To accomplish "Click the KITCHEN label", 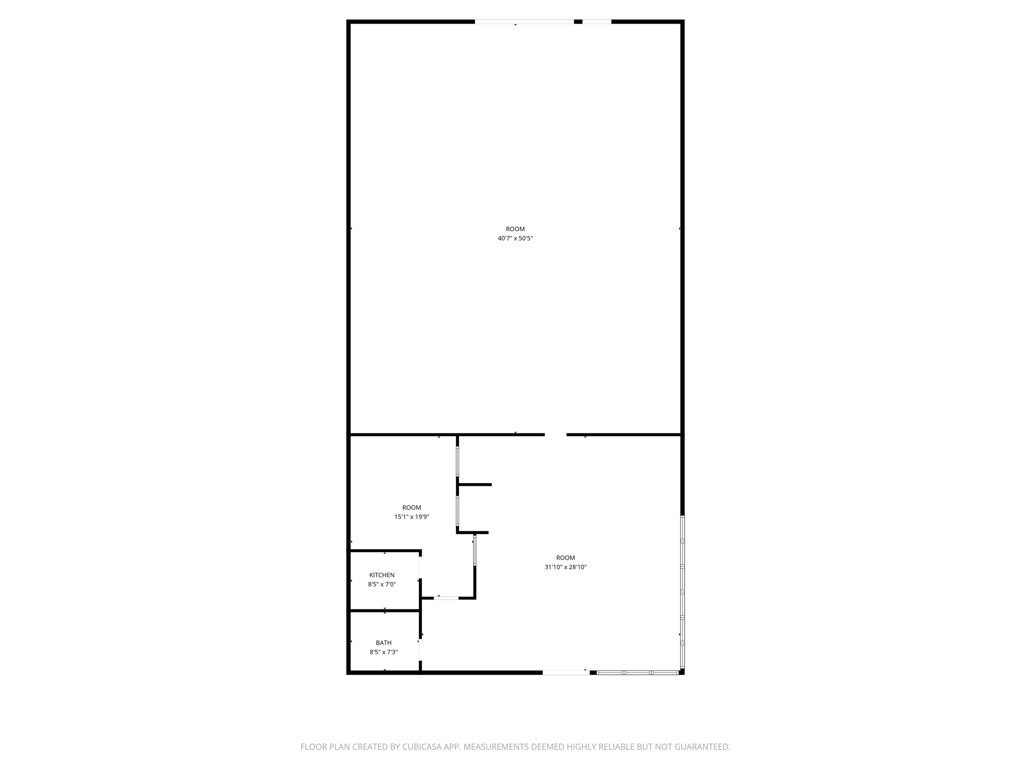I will coord(382,575).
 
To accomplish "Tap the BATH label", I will coord(384,643).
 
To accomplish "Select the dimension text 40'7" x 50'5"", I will coord(515,239).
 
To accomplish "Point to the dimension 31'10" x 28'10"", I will coord(565,567).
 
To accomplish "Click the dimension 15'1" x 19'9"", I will coord(411,517).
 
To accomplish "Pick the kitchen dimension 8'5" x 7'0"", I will coord(382,584).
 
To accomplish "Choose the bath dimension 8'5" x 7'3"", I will coord(384,652).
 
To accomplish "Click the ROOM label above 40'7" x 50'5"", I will coord(515,229).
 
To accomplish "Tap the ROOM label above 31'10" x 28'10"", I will coord(565,558).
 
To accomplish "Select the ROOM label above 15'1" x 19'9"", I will coord(411,507).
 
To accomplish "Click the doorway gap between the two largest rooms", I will coord(555,434).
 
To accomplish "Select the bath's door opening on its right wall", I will coord(420,650).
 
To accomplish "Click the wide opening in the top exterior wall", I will coord(524,22).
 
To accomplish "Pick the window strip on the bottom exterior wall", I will coord(637,672).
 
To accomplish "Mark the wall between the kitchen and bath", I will coord(385,611).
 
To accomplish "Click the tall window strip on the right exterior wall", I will coord(683,592).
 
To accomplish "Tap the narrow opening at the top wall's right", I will coord(597,22).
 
